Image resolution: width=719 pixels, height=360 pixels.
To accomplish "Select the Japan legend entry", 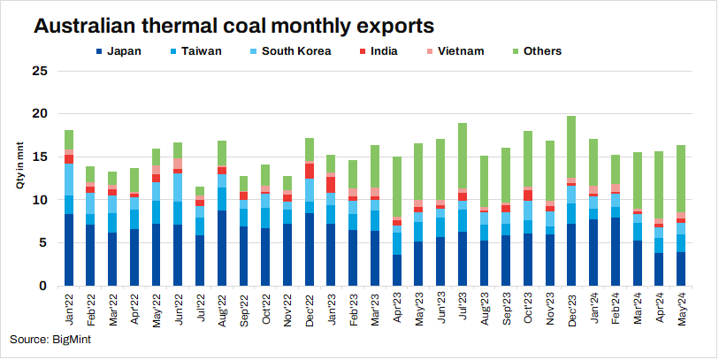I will (121, 51).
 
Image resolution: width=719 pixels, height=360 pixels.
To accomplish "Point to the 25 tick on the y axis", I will (38, 70).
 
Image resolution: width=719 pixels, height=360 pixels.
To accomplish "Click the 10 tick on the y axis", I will (38, 200).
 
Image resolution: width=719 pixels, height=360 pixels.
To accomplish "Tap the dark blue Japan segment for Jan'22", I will (69, 250).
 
